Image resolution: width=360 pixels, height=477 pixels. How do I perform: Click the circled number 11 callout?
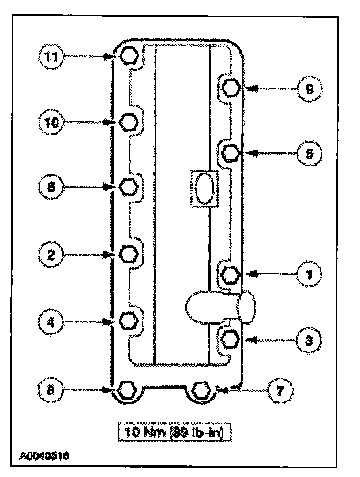(x=51, y=56)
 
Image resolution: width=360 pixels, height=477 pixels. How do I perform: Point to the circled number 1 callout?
(x=309, y=274)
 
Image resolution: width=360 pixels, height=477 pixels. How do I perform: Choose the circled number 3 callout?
(x=309, y=340)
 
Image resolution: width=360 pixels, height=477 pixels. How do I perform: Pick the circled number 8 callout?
(x=51, y=390)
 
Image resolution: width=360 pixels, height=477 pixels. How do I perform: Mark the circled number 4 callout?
(x=51, y=321)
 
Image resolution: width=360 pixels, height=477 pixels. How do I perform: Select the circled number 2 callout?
(x=51, y=254)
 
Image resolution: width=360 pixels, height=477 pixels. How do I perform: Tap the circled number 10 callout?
(x=51, y=122)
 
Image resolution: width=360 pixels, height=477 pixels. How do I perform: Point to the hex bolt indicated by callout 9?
(x=231, y=88)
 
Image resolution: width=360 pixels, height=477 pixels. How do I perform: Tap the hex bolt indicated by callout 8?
(x=126, y=390)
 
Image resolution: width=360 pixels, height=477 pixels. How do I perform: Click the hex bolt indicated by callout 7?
(x=201, y=390)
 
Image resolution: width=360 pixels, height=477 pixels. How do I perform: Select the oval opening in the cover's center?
(x=203, y=188)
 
